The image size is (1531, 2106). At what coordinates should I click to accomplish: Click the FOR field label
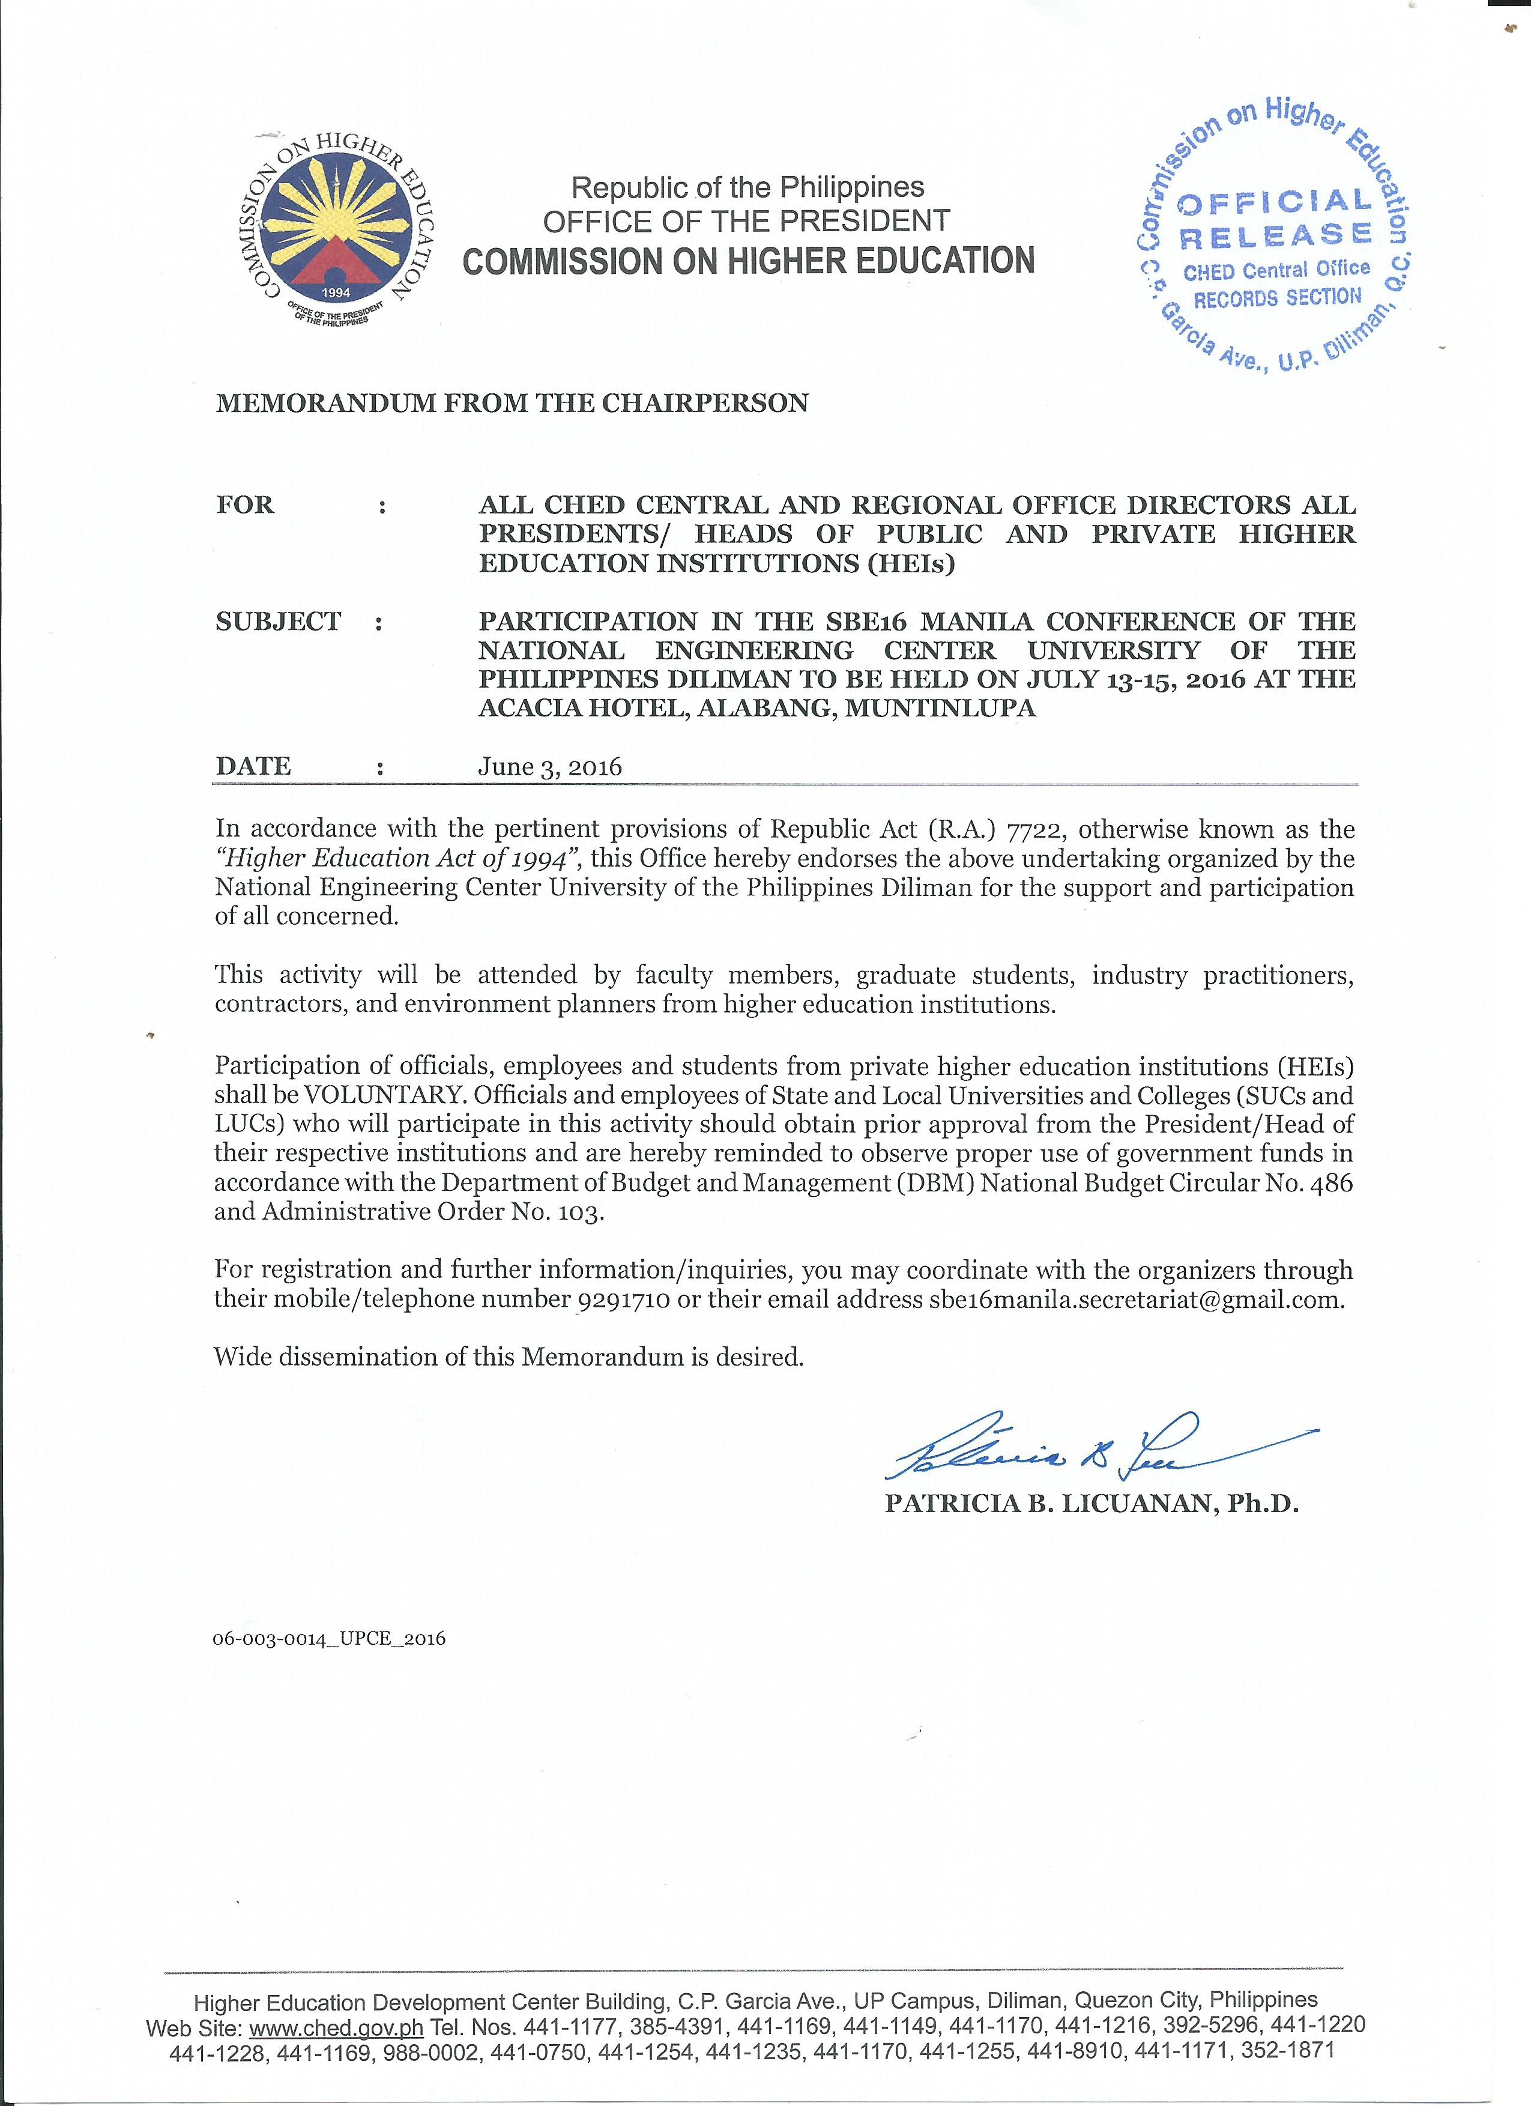(245, 505)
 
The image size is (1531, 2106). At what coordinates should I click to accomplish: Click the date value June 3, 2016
(549, 767)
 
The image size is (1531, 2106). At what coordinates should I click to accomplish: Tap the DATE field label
(253, 766)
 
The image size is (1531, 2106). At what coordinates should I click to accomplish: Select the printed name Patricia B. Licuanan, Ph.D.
(1091, 1503)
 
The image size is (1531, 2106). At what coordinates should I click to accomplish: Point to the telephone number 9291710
(624, 1299)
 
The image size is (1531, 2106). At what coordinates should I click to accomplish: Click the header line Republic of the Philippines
(747, 187)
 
